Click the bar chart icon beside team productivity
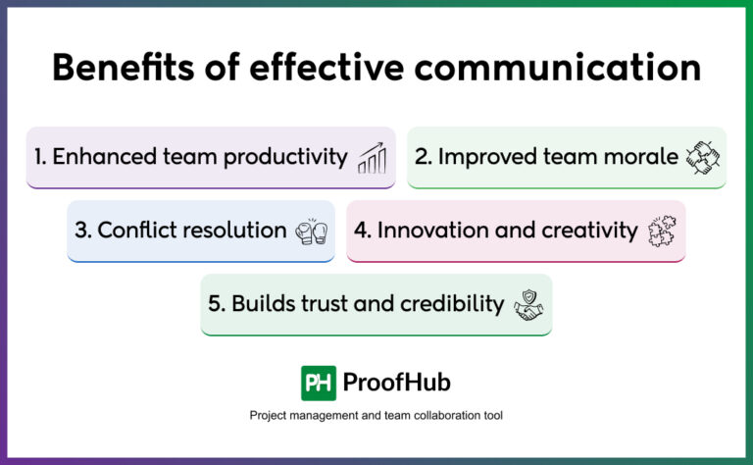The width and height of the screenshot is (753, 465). click(372, 157)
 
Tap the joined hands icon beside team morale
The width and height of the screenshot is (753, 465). click(702, 157)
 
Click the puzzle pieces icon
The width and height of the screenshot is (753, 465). click(662, 232)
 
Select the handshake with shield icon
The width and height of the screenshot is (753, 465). click(529, 305)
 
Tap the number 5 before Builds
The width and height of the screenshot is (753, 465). click(214, 304)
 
